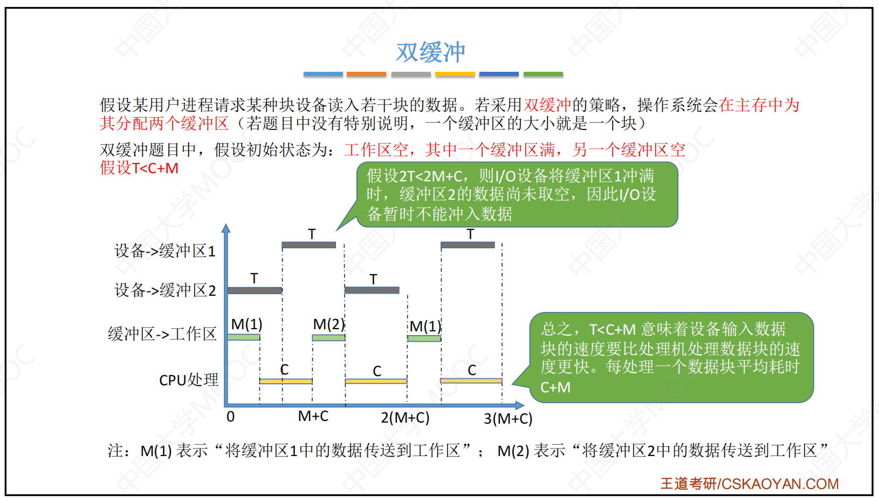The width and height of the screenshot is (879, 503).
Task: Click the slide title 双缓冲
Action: [x=430, y=52]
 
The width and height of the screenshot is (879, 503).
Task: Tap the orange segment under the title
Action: [x=366, y=74]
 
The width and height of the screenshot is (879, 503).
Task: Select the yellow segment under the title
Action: [x=455, y=74]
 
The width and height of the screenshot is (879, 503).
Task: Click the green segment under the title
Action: [x=543, y=74]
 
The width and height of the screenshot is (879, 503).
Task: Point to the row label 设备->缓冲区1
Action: [x=165, y=251]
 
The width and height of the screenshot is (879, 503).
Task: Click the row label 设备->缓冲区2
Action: [x=165, y=290]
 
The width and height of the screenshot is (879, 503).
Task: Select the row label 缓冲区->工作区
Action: [x=162, y=334]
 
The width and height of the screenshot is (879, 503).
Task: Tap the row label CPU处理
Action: [x=188, y=380]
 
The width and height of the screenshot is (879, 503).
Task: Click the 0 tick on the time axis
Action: [x=230, y=417]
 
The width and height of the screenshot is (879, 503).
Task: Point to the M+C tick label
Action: [x=313, y=416]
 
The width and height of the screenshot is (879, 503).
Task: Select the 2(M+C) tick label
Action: [x=405, y=417]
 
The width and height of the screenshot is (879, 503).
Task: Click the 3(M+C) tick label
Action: [x=508, y=419]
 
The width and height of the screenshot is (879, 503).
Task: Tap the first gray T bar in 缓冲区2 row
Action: [x=255, y=290]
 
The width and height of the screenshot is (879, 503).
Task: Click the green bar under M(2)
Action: [x=328, y=338]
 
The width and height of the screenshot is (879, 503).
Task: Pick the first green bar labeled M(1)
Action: [x=244, y=337]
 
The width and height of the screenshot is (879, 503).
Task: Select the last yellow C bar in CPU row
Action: [x=471, y=381]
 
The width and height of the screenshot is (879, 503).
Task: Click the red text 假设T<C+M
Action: [x=139, y=168]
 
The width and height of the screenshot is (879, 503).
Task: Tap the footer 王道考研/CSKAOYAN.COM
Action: [x=750, y=484]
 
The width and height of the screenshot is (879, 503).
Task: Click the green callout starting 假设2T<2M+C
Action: [x=517, y=195]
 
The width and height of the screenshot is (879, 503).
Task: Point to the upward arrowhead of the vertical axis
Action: [x=226, y=228]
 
